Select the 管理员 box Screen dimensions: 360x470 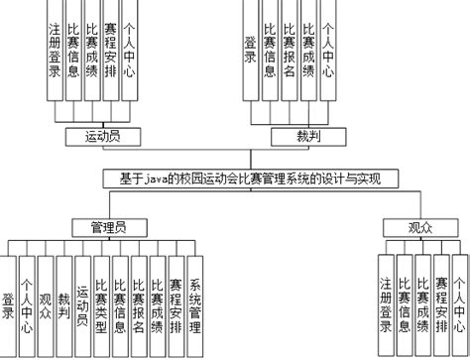point(110,226)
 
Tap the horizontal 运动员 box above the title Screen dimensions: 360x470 point(98,135)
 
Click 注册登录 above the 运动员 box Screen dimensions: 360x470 point(55,55)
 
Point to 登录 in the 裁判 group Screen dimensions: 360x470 point(251,55)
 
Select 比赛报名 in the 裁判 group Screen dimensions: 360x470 point(289,55)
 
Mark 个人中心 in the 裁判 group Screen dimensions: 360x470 point(327,55)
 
